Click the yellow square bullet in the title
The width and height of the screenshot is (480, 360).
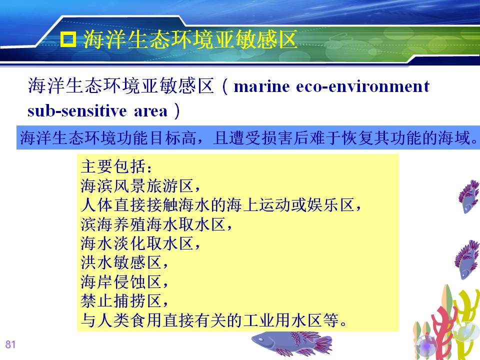pos(68,39)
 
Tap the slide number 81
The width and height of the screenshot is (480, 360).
pos(10,344)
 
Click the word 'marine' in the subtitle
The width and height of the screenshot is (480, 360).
pos(261,86)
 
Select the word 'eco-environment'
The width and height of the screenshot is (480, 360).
pos(363,86)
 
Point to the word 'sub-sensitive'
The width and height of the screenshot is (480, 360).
pos(77,111)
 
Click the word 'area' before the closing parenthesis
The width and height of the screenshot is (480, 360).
pos(151,111)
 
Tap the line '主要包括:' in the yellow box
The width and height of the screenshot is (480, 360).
pos(116,166)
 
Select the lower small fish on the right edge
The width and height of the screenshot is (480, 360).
pos(467,259)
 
